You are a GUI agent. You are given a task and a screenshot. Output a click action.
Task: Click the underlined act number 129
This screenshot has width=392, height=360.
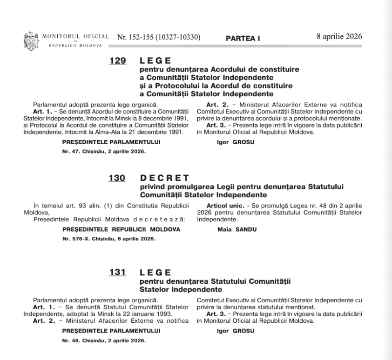[x=117, y=61]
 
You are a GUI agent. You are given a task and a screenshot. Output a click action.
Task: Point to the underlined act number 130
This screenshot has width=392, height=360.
[x=117, y=179]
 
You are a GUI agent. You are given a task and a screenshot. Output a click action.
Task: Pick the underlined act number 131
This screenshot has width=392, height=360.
[x=117, y=273]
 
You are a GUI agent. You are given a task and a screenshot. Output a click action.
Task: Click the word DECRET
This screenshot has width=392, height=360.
[x=164, y=179]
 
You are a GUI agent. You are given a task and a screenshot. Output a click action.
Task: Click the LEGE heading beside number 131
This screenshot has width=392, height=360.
[x=156, y=273]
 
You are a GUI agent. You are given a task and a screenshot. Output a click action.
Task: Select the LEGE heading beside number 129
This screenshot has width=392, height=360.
[x=156, y=61]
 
